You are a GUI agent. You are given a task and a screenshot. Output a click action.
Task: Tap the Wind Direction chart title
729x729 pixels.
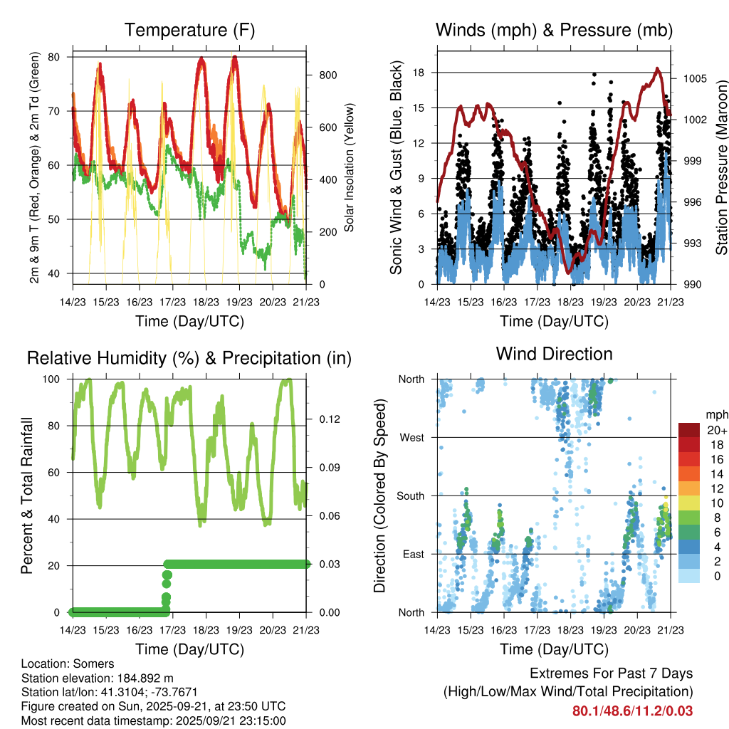pyautogui.click(x=554, y=354)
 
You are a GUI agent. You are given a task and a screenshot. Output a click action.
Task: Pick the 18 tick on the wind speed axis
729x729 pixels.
pyautogui.click(x=418, y=73)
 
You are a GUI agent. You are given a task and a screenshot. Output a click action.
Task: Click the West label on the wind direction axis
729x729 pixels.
pyautogui.click(x=411, y=437)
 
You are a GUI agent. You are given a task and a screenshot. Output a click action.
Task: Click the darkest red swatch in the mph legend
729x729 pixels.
pyautogui.click(x=689, y=430)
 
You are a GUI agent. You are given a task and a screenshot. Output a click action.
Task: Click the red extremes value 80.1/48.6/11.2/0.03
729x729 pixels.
pyautogui.click(x=632, y=710)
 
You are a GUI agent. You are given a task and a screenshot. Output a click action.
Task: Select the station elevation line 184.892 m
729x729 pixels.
pyautogui.click(x=98, y=678)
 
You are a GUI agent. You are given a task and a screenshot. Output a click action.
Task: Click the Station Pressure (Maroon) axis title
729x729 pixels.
pyautogui.click(x=721, y=167)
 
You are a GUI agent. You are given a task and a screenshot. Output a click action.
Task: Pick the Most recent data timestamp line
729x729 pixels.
pyautogui.click(x=153, y=720)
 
